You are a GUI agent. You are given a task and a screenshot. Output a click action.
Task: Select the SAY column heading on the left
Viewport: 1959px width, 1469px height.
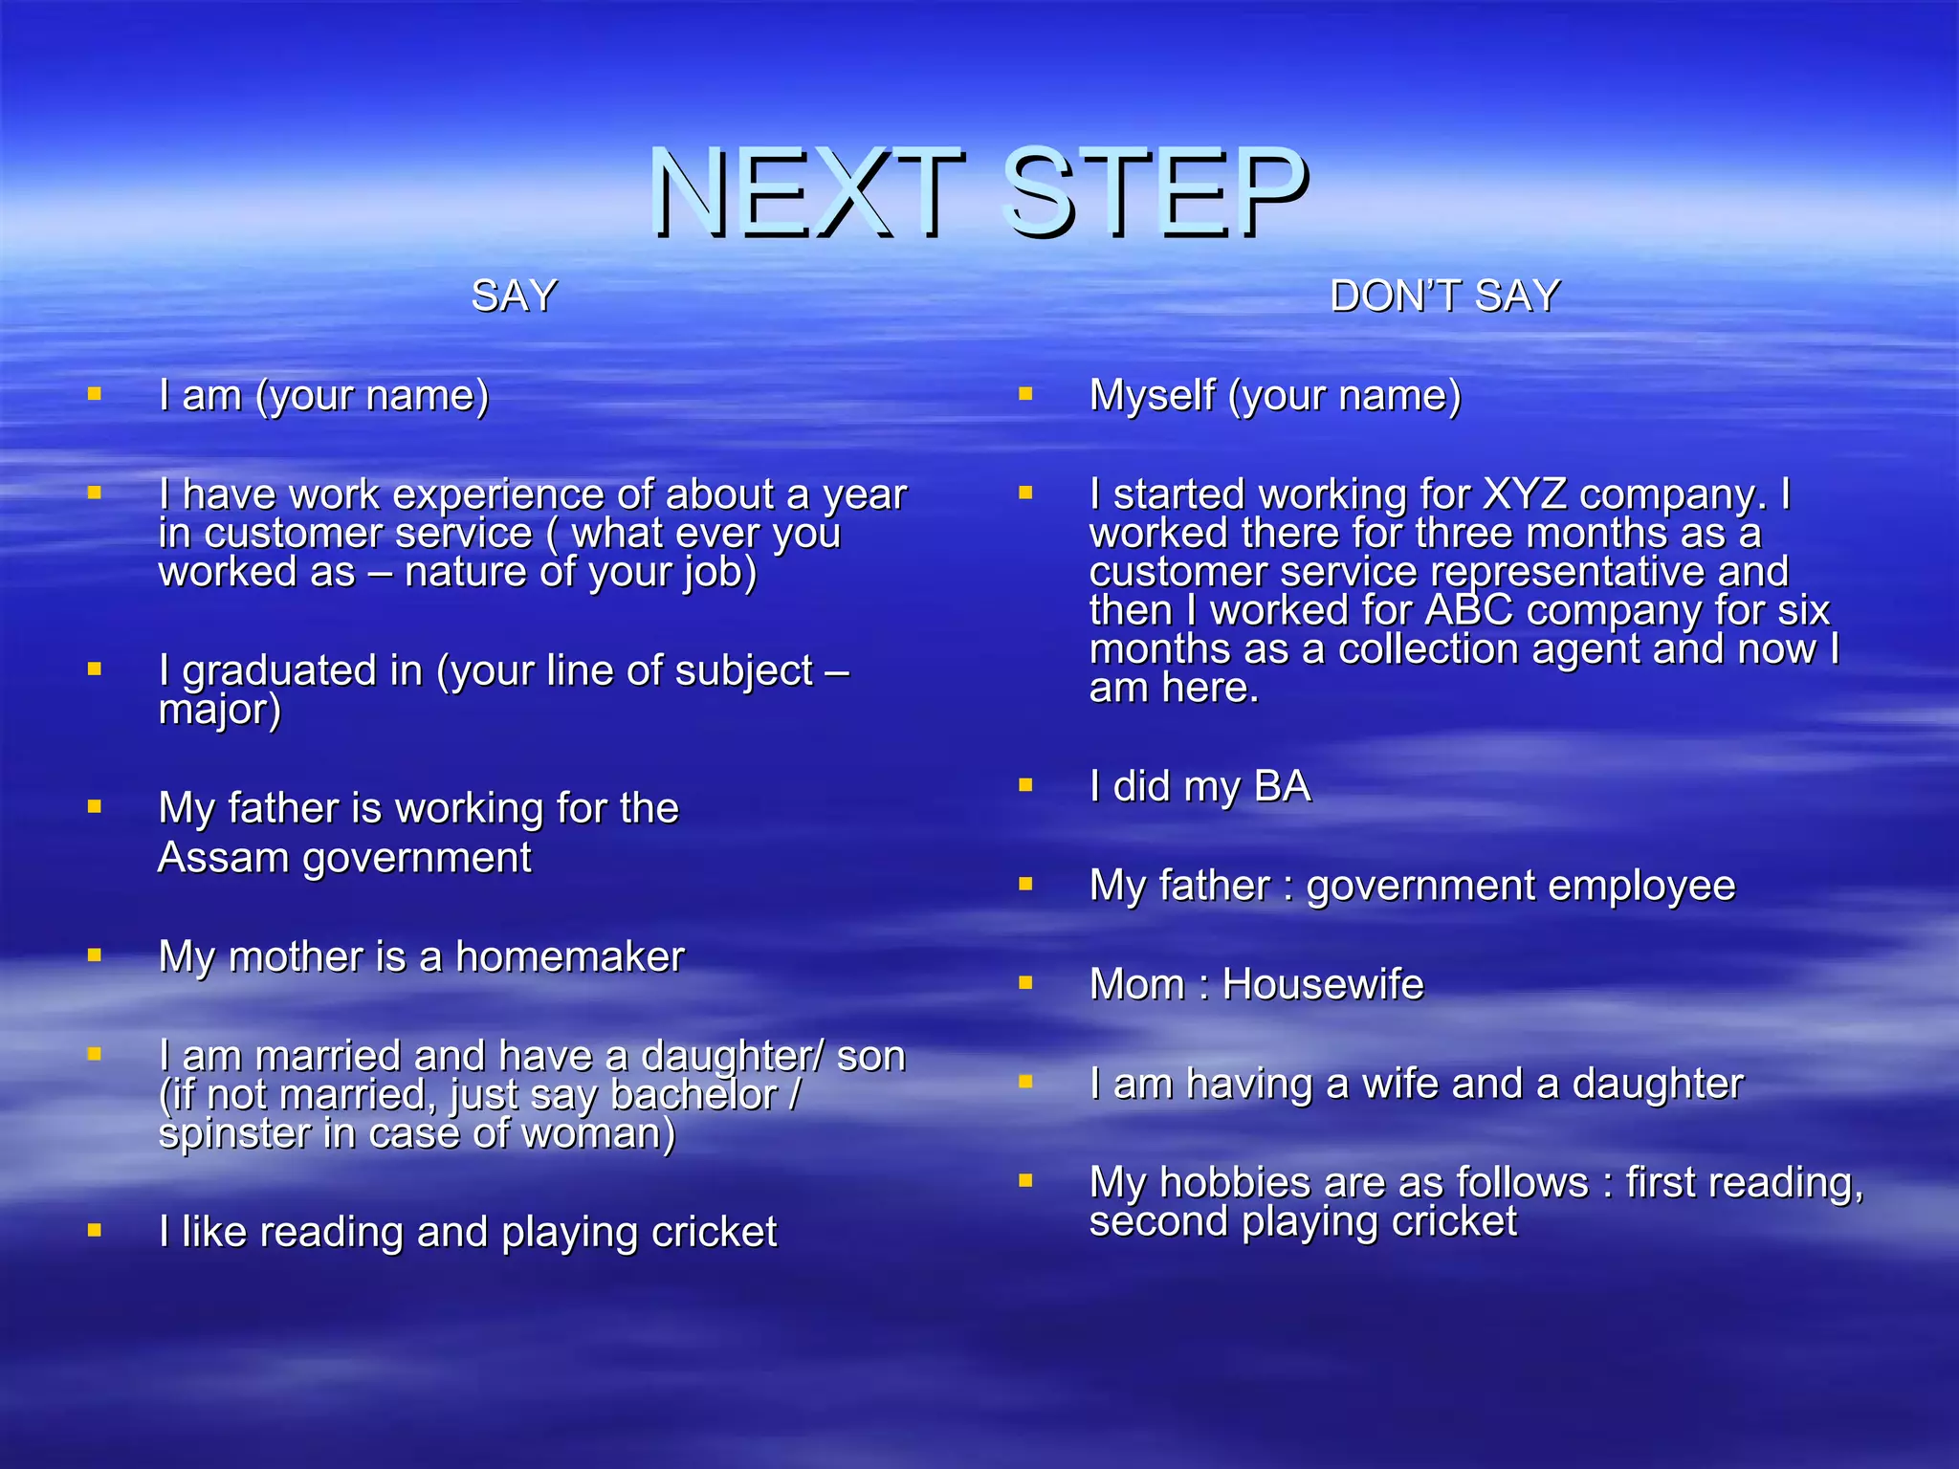coord(514,296)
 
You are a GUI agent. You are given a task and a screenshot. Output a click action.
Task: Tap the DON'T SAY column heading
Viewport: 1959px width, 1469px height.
coord(1444,296)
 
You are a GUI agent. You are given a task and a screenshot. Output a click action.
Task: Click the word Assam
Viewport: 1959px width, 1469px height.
coord(223,857)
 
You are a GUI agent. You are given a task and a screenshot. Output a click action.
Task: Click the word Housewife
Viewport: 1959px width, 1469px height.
coord(1323,984)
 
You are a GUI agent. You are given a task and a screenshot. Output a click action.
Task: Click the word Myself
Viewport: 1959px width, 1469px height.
coord(1152,396)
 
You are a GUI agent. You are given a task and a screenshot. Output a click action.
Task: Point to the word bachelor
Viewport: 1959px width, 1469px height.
coord(693,1095)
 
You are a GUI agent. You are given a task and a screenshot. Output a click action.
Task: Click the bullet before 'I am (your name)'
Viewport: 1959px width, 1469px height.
coord(94,393)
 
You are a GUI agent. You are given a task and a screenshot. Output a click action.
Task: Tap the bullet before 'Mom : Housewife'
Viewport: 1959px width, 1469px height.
coord(1025,982)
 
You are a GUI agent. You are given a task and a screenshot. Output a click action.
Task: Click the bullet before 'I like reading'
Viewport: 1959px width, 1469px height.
coord(94,1229)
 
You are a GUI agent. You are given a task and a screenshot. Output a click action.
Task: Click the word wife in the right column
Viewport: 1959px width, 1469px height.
coord(1405,1084)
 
